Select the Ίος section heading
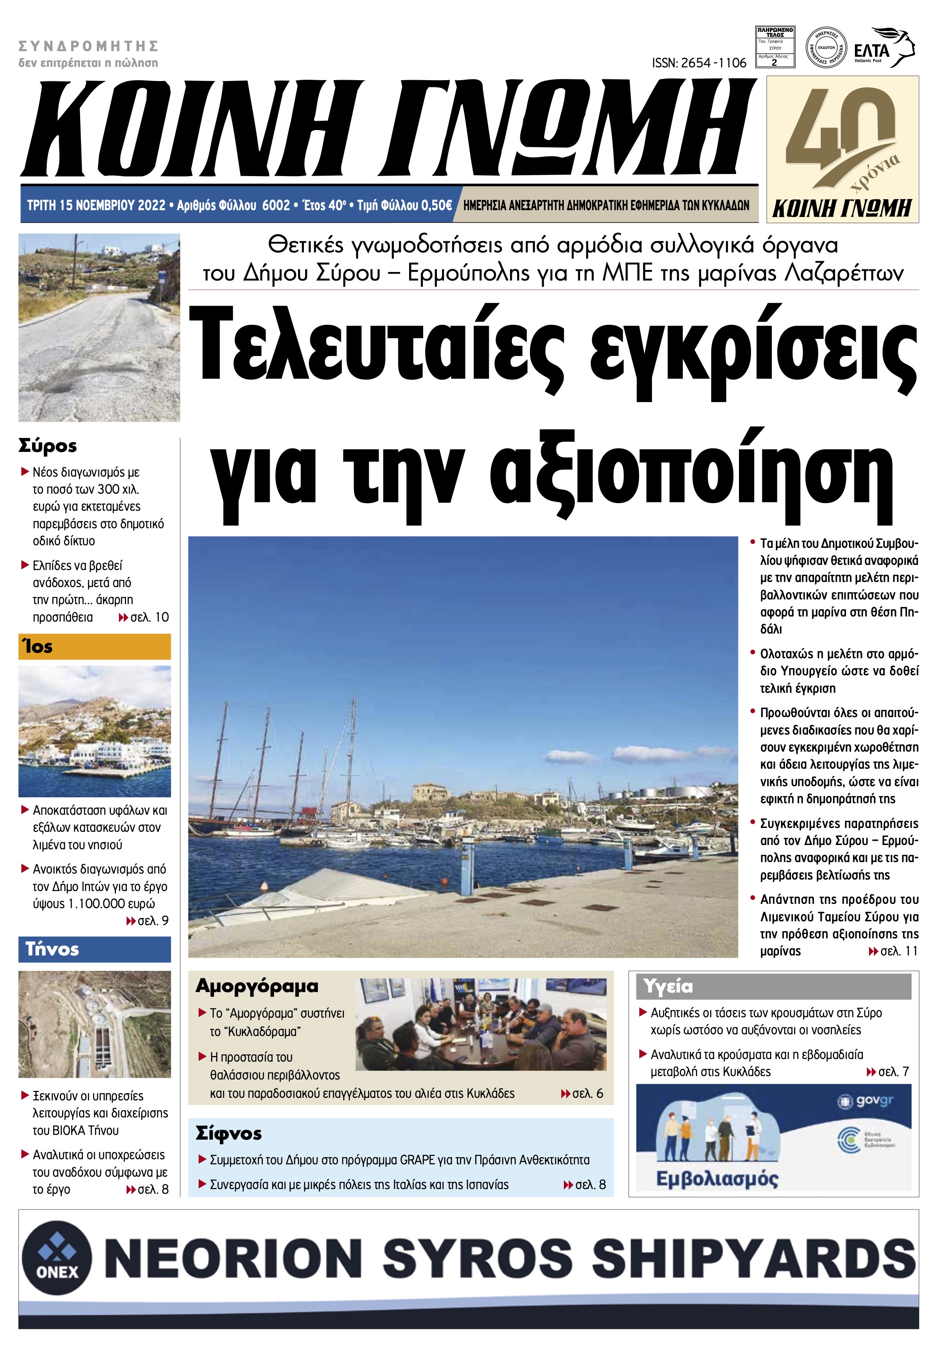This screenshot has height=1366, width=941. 38,647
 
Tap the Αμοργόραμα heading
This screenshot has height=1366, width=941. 257,986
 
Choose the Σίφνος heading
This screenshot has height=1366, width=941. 229,1133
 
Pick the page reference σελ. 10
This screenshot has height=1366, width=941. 149,617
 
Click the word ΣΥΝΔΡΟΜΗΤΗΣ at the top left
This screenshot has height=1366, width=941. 89,46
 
